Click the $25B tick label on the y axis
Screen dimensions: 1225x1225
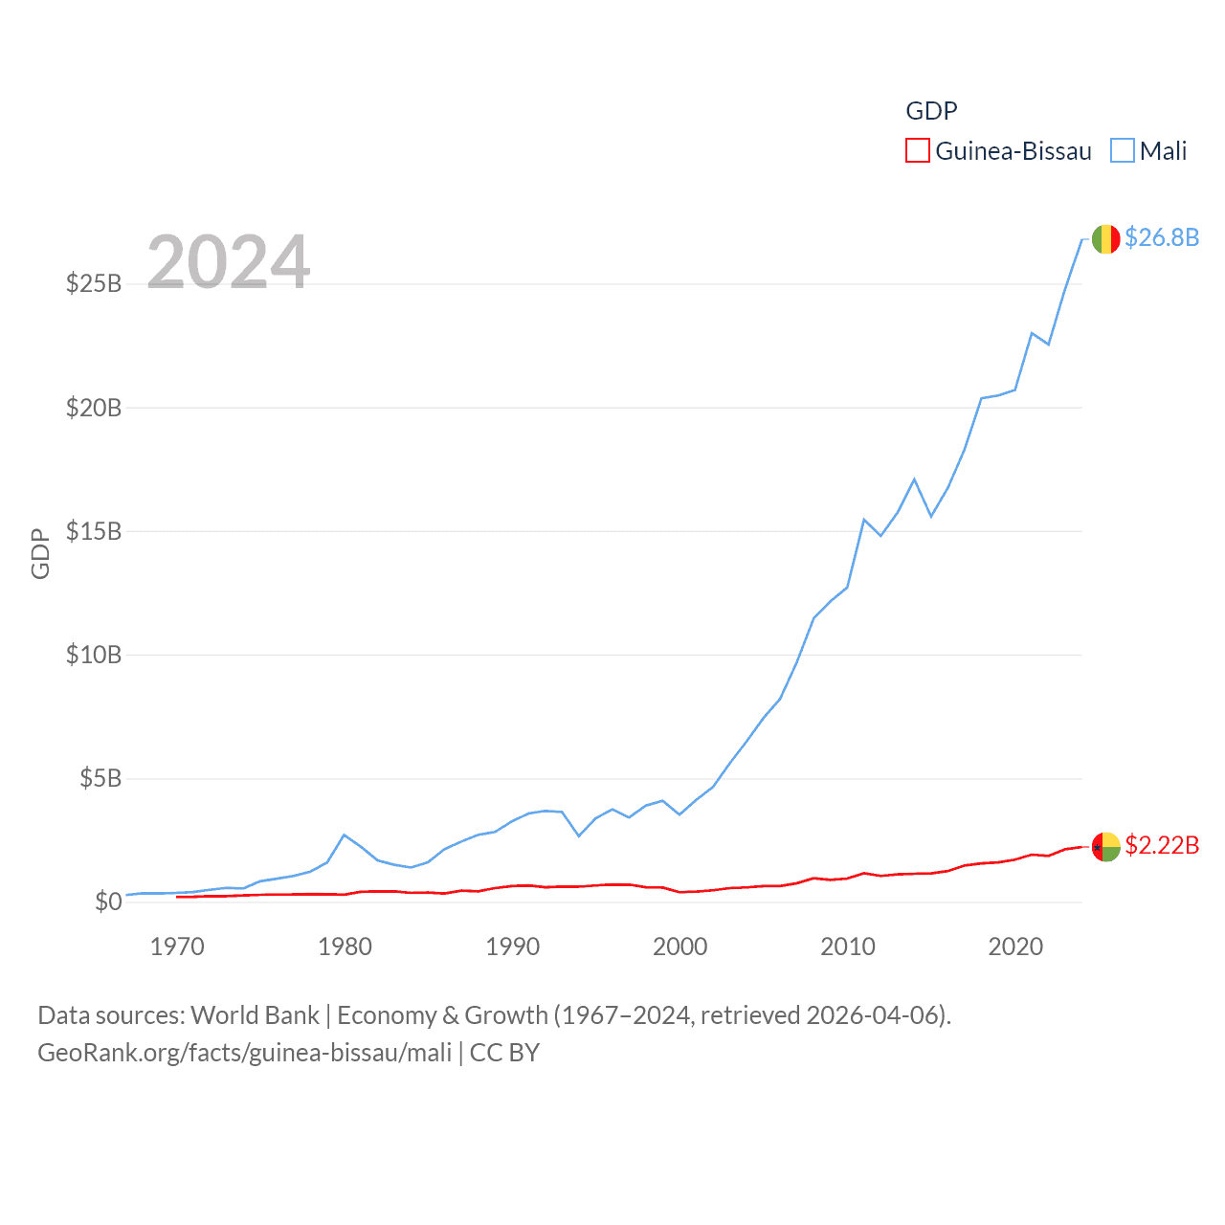pyautogui.click(x=94, y=284)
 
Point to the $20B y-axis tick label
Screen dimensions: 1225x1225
pyautogui.click(x=94, y=409)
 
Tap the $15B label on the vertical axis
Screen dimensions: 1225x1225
pyautogui.click(x=94, y=532)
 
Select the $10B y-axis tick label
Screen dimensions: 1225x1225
pyautogui.click(x=94, y=656)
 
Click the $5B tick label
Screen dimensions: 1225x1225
pyautogui.click(x=100, y=779)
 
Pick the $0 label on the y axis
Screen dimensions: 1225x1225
pyautogui.click(x=108, y=902)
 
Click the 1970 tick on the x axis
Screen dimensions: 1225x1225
pyautogui.click(x=177, y=947)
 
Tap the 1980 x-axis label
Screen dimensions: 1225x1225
pyautogui.click(x=345, y=947)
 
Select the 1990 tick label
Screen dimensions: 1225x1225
pyautogui.click(x=513, y=947)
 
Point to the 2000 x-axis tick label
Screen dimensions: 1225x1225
pyautogui.click(x=680, y=947)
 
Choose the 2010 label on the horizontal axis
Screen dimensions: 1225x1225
pyautogui.click(x=848, y=947)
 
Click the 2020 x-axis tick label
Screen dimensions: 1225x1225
pyautogui.click(x=1015, y=947)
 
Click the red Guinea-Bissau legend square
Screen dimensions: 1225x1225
pyautogui.click(x=918, y=151)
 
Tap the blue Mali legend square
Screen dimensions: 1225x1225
pyautogui.click(x=1123, y=151)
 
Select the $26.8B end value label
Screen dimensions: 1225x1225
pyautogui.click(x=1162, y=237)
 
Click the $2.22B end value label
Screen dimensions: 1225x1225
pyautogui.click(x=1162, y=845)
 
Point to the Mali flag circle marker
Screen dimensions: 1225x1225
pyautogui.click(x=1105, y=239)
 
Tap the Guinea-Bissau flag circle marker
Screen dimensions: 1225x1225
pyautogui.click(x=1105, y=847)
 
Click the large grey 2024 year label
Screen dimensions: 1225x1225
pyautogui.click(x=229, y=262)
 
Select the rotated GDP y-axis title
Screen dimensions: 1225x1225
pyautogui.click(x=40, y=553)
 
